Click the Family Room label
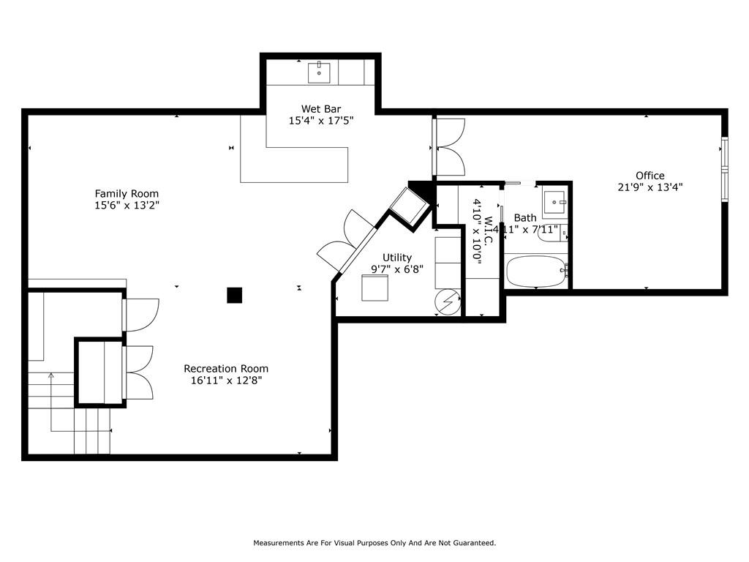(127, 193)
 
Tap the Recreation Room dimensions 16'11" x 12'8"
(227, 381)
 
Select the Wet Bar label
(321, 109)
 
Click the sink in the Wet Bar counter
(319, 72)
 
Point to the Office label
(650, 176)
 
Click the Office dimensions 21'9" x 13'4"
(650, 187)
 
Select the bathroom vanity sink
(554, 202)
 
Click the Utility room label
(397, 258)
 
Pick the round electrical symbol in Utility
(448, 301)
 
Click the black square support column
(235, 296)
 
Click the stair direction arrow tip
(51, 374)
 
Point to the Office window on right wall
(725, 169)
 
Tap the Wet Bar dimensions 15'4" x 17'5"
(321, 121)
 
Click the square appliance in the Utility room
(375, 288)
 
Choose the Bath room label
(525, 218)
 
